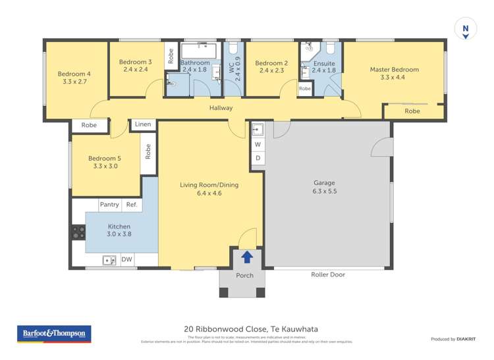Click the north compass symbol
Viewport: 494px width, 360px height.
click(465, 29)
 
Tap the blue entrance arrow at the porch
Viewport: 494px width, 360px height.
click(247, 257)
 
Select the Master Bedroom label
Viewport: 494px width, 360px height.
click(394, 70)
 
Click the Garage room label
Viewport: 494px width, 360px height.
click(324, 183)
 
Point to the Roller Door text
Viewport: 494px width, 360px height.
click(327, 274)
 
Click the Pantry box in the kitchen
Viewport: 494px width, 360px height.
click(109, 205)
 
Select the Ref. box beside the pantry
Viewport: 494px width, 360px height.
click(131, 205)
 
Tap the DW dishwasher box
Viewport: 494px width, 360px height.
click(126, 260)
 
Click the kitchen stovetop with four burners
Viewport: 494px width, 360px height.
click(78, 232)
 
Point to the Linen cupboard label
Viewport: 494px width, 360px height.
click(143, 124)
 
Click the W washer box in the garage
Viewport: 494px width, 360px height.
click(258, 144)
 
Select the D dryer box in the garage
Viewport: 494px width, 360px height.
click(258, 158)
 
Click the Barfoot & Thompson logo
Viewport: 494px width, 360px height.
click(53, 334)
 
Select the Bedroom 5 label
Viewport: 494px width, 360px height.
click(105, 159)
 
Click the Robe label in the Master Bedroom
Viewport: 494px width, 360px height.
click(412, 111)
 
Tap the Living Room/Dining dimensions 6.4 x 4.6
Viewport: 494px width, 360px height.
click(209, 193)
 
